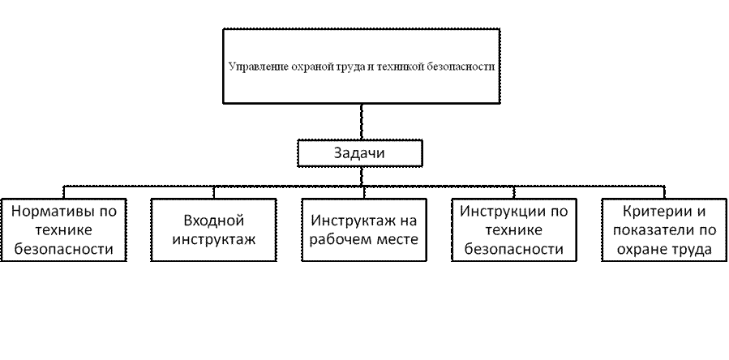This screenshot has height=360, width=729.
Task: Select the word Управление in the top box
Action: point(253,67)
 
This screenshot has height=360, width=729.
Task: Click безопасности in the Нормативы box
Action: point(62,250)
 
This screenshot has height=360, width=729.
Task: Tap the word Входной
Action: point(215,221)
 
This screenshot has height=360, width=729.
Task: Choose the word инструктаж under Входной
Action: point(215,240)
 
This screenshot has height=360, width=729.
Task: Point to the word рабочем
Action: point(347,240)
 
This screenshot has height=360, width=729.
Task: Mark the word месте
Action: point(397,240)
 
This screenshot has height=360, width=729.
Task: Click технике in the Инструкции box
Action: point(512,230)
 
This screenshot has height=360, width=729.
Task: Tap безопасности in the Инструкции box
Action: point(512,250)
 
